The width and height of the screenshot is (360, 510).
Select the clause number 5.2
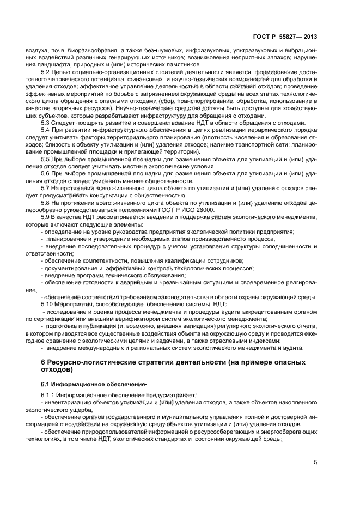(45, 72)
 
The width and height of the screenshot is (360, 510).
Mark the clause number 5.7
(45, 188)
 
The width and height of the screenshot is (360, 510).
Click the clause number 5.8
(45, 202)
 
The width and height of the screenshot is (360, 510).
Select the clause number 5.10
(47, 304)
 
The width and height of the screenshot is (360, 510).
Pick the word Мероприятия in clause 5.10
(75, 304)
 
